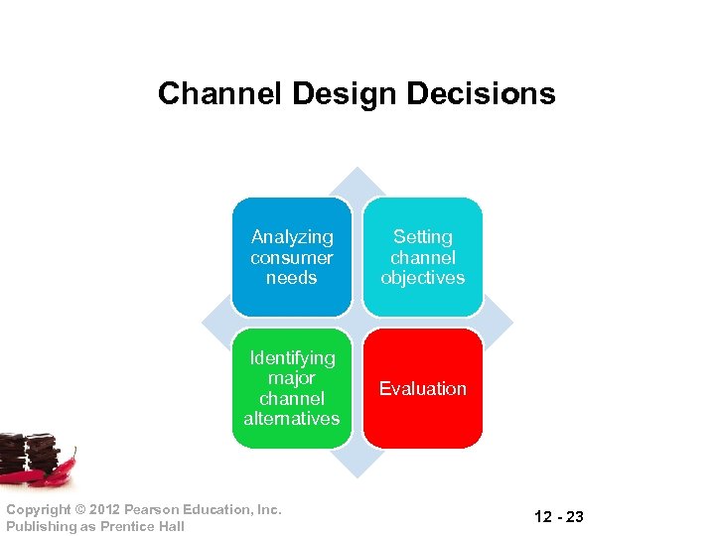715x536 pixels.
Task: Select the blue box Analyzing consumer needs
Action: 292,257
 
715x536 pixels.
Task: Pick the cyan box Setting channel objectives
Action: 423,257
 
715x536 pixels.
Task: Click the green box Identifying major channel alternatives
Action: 292,388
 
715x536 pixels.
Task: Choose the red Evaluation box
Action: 423,388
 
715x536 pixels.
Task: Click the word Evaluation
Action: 423,389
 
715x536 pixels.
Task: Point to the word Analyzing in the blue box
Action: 292,237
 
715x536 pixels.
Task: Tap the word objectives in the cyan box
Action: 423,278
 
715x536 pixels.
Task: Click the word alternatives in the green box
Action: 292,419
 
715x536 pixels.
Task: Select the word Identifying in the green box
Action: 292,358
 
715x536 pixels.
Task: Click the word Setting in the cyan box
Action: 423,237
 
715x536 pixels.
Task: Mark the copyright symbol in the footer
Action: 79,509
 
